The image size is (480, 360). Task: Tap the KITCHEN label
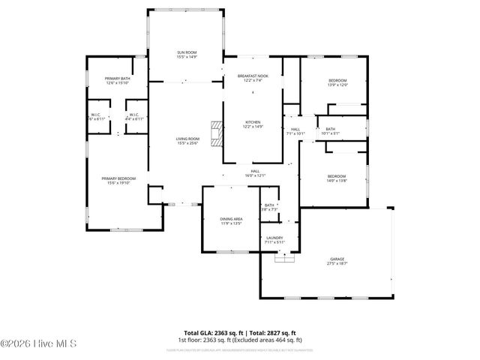click(253, 124)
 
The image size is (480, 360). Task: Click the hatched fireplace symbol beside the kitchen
click(217, 133)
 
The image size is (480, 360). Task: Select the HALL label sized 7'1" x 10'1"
click(295, 131)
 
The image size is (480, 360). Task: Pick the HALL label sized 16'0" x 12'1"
click(255, 173)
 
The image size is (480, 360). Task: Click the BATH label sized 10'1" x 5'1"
click(330, 131)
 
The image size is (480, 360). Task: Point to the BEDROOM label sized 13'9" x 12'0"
click(337, 82)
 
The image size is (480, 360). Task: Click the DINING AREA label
click(230, 220)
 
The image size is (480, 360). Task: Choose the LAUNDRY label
click(274, 240)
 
